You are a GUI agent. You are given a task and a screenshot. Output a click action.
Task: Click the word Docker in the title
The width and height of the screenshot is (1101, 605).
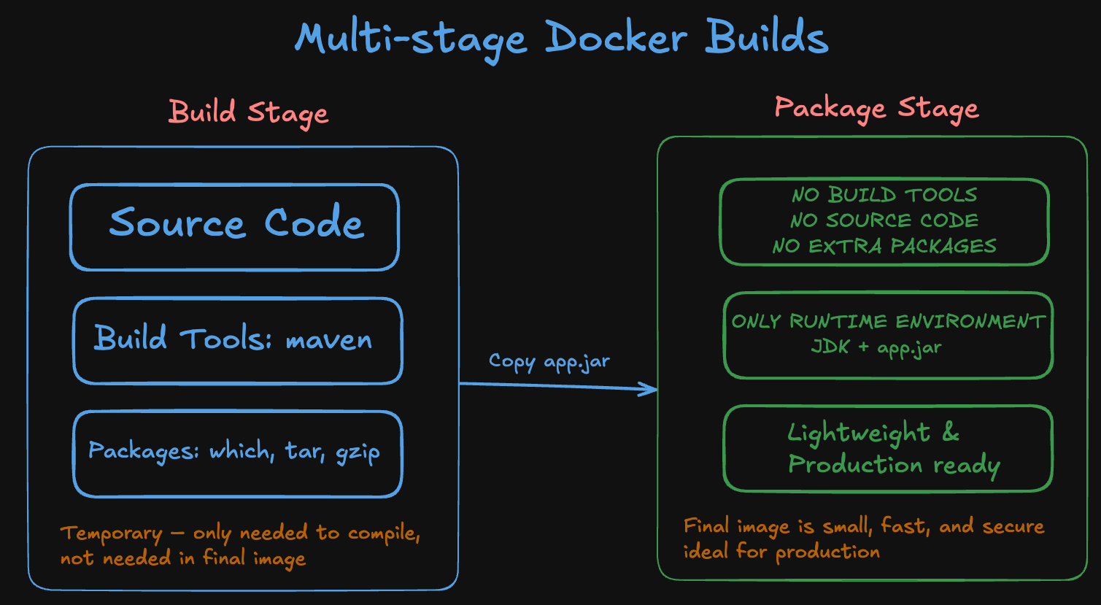(x=616, y=38)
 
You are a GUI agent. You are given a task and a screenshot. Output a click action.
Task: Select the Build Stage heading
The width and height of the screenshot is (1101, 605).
(x=248, y=113)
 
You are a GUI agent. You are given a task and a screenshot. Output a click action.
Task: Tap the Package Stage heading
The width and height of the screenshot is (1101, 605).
(x=876, y=108)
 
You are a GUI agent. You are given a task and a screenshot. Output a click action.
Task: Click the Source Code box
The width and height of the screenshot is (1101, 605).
(x=235, y=226)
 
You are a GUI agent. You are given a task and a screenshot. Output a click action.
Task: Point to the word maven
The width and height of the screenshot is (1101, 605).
(x=328, y=340)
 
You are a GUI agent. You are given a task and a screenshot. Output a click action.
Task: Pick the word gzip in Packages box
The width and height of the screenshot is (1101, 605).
(x=358, y=452)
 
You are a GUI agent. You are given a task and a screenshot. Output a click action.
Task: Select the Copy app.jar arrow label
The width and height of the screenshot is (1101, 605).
(x=549, y=361)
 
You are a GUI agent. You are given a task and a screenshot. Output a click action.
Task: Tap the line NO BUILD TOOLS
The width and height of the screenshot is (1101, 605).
(x=884, y=196)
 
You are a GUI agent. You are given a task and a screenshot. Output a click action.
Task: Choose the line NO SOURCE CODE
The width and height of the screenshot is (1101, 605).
(x=884, y=220)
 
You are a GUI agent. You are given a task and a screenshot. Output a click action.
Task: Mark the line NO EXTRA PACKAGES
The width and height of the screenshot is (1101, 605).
(x=884, y=246)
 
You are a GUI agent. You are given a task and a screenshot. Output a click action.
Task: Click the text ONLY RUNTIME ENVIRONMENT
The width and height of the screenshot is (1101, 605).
(x=888, y=322)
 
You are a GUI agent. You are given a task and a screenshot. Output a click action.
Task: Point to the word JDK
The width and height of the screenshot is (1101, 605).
(x=830, y=347)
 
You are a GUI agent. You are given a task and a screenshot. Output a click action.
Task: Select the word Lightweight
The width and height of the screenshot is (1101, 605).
(x=859, y=433)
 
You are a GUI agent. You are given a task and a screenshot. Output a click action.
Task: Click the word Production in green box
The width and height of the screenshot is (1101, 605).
(x=855, y=464)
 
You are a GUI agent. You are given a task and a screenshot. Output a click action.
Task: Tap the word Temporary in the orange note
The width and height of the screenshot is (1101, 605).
(x=111, y=533)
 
